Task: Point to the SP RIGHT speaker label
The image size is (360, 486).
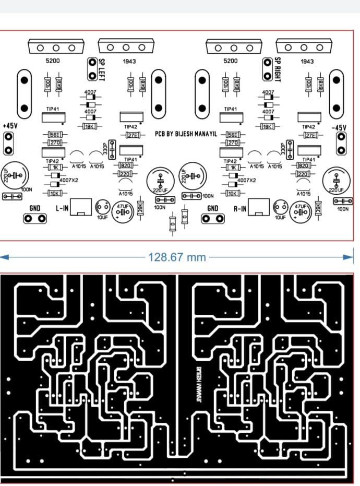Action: point(278,68)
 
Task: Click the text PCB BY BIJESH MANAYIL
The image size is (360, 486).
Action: point(189,134)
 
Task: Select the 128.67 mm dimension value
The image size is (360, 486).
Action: point(177,257)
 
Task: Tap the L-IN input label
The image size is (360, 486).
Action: point(62,208)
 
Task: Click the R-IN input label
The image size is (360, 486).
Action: point(241,208)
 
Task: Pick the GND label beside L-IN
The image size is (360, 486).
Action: point(35,208)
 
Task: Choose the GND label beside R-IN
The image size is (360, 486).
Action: point(213,208)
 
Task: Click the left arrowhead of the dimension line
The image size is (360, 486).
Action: point(4,257)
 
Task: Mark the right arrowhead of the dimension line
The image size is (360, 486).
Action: point(349,257)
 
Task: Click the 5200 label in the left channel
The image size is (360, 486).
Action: point(53,61)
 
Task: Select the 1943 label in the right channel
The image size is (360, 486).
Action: point(307,61)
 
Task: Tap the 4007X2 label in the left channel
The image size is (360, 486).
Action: point(69,180)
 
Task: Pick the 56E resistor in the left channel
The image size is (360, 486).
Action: point(55,135)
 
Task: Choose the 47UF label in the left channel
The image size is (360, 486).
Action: point(123,207)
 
